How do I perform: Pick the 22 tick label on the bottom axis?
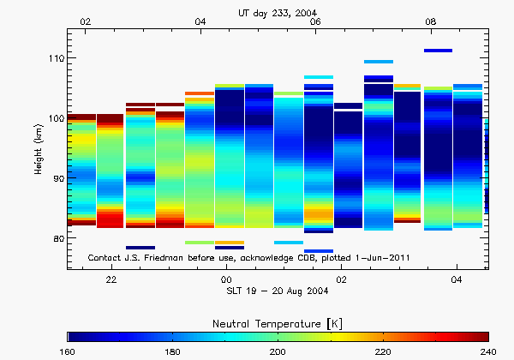coord(111,280)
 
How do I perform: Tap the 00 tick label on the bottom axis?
coord(226,280)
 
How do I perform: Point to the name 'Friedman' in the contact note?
coord(164,257)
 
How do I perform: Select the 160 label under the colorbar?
coord(67,351)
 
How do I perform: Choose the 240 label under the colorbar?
coord(488,351)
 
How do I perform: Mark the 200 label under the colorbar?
coord(278,351)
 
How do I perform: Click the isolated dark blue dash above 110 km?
coord(438,51)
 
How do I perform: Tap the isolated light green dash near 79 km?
coord(199,243)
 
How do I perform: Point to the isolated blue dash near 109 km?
coord(379,62)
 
